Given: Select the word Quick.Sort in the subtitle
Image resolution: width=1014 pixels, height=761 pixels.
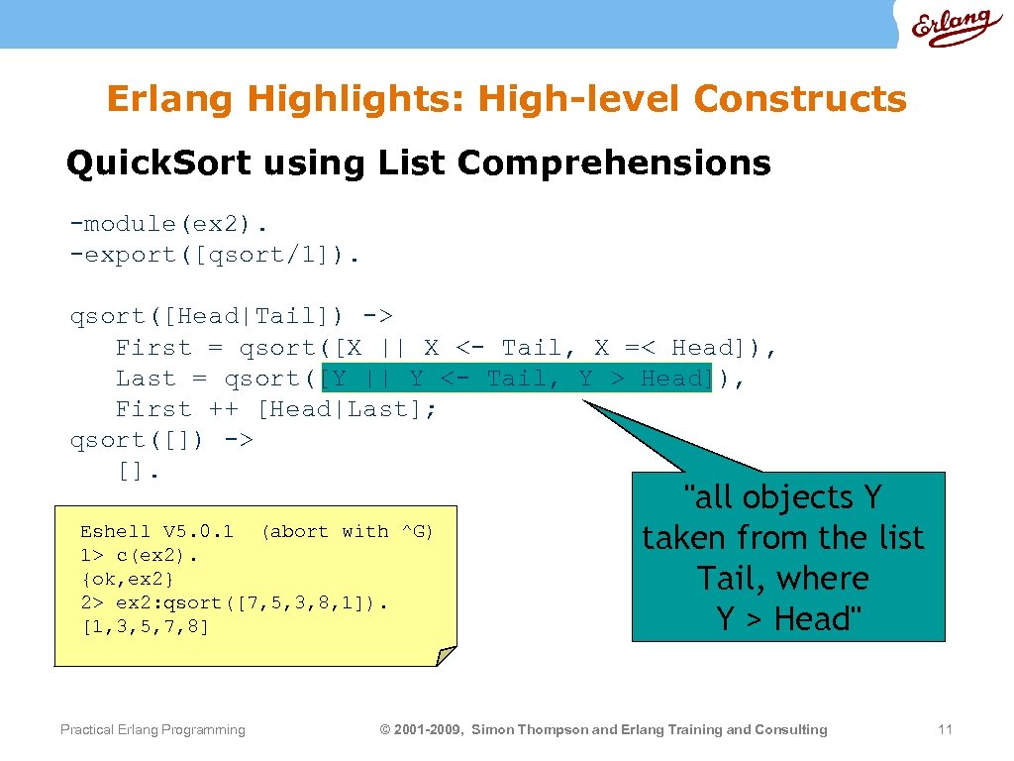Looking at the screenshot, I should tap(158, 163).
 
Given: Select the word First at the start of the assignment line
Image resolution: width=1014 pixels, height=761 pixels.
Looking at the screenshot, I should tap(153, 348).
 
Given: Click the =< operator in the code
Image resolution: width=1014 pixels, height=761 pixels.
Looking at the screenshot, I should tap(640, 348).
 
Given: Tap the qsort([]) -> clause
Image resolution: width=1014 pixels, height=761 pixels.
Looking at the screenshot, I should tap(161, 440).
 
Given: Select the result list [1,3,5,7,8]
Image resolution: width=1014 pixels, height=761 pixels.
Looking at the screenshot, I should tap(145, 626).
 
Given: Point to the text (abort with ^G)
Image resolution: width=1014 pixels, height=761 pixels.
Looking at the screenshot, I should tap(347, 532).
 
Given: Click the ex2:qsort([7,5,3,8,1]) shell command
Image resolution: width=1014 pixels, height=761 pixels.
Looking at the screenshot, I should tap(252, 602).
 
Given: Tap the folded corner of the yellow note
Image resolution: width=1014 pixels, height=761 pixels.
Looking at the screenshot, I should tap(447, 655).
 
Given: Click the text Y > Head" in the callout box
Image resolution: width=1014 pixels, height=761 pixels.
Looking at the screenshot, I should tap(789, 619).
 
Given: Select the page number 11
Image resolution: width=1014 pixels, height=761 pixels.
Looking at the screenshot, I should tap(945, 730).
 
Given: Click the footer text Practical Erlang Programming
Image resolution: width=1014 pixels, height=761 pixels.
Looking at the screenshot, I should tap(152, 730).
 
